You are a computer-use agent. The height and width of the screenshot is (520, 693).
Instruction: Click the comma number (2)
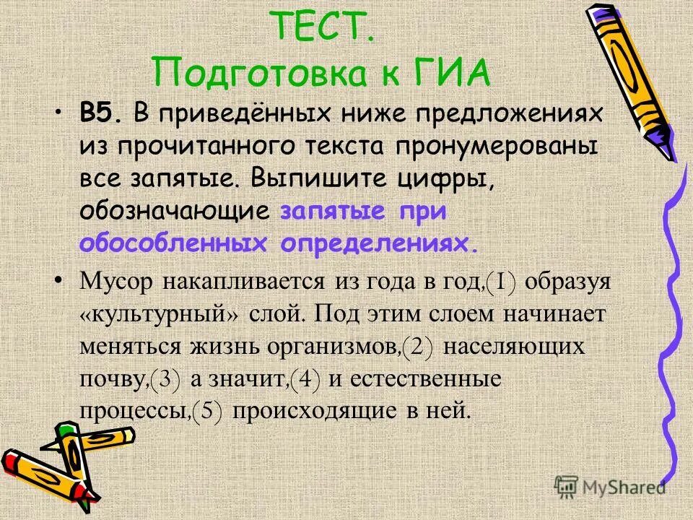417,347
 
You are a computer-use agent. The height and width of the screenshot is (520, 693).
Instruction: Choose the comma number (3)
165,378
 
